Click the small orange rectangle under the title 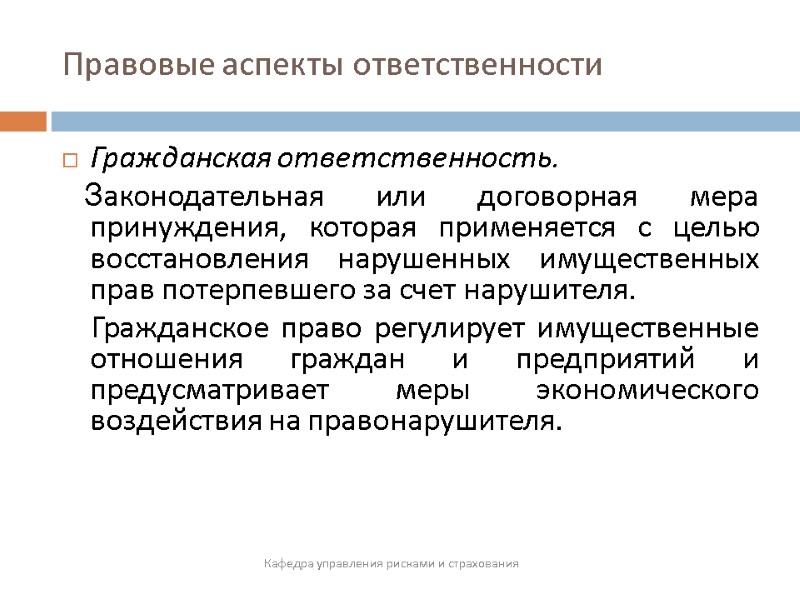click(23, 121)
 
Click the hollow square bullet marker click(70, 159)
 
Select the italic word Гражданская click(181, 159)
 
